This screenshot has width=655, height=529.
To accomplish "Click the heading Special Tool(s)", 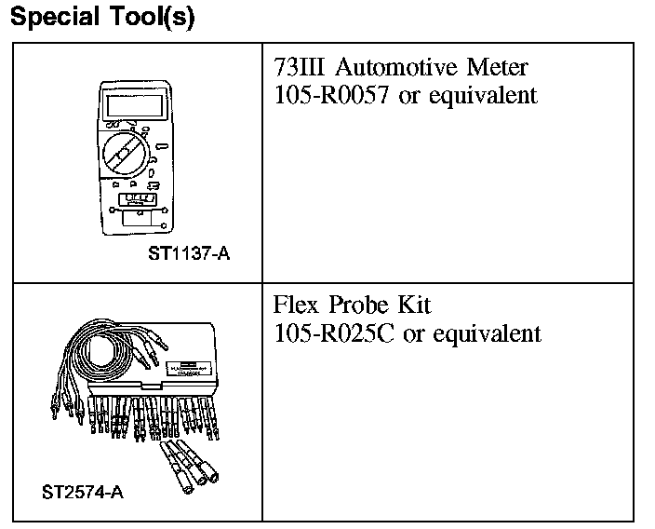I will tap(102, 19).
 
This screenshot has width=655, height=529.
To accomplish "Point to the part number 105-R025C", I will tap(334, 332).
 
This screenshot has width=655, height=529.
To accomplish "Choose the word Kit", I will tap(415, 305).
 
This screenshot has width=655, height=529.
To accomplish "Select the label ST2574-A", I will tap(83, 491).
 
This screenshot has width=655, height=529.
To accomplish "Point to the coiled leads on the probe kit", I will tap(102, 354).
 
